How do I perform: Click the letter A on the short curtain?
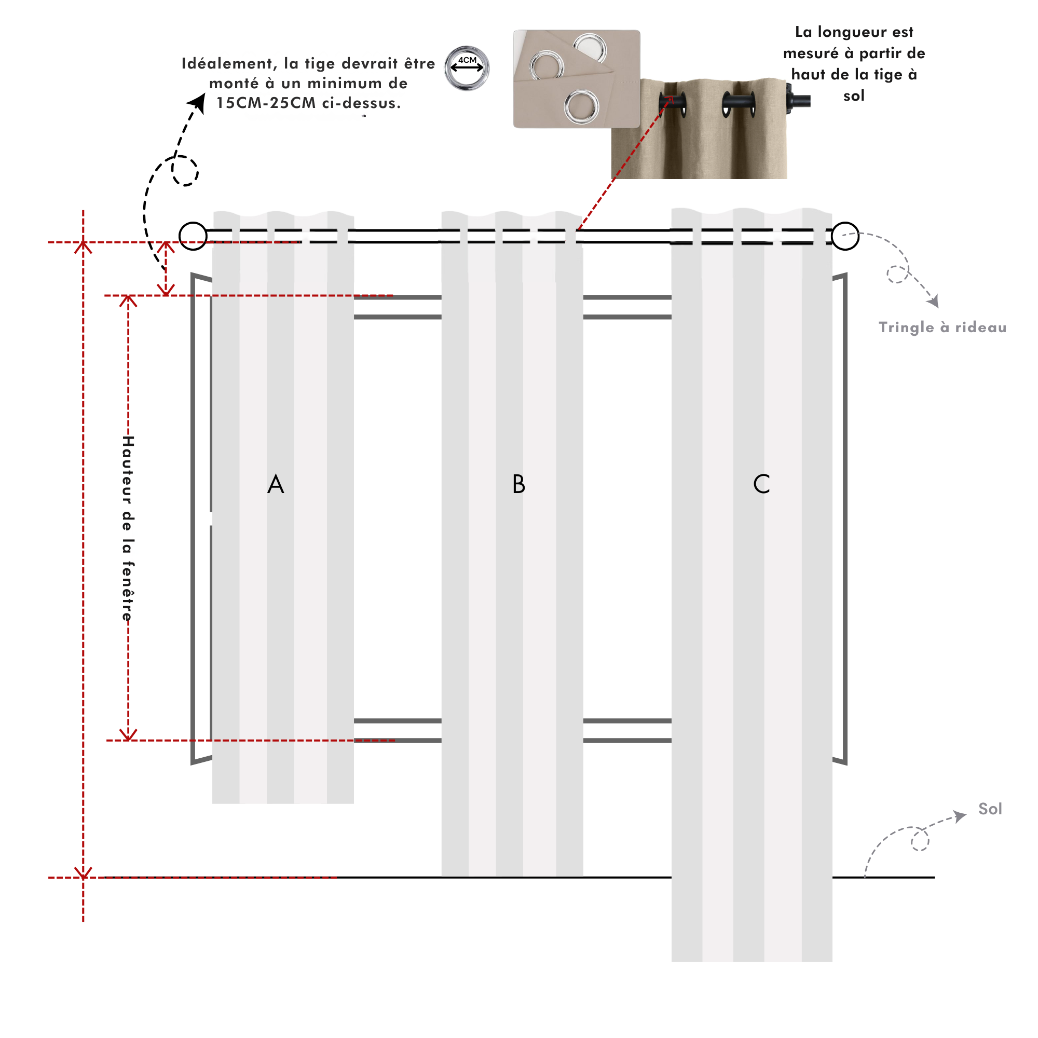[x=276, y=484]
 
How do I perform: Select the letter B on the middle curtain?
[x=518, y=484]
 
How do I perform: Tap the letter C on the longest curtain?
[x=761, y=484]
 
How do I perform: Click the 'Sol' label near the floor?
[x=990, y=809]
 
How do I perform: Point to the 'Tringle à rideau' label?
[x=943, y=327]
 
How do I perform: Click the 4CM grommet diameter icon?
[x=467, y=68]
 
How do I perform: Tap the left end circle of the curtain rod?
[x=193, y=236]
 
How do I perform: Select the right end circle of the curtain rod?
[x=845, y=236]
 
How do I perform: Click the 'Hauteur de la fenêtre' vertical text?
[x=128, y=528]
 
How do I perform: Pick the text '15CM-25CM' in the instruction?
[x=266, y=103]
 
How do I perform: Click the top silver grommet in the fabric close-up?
[x=590, y=47]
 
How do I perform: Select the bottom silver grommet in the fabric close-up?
[x=581, y=106]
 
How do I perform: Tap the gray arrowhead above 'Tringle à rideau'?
[x=933, y=302]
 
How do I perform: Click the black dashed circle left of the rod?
[x=185, y=171]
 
